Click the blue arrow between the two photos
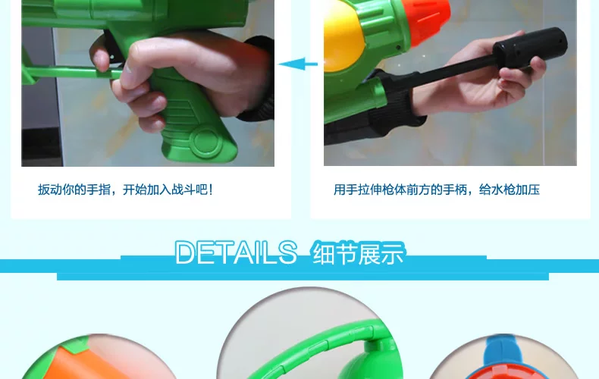[x=298, y=64]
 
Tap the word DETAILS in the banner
[x=236, y=252]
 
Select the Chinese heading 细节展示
[x=359, y=254]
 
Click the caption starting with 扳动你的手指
[x=125, y=189]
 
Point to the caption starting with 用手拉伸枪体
[x=436, y=189]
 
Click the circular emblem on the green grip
[x=205, y=140]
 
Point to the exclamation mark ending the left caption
[x=211, y=189]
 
